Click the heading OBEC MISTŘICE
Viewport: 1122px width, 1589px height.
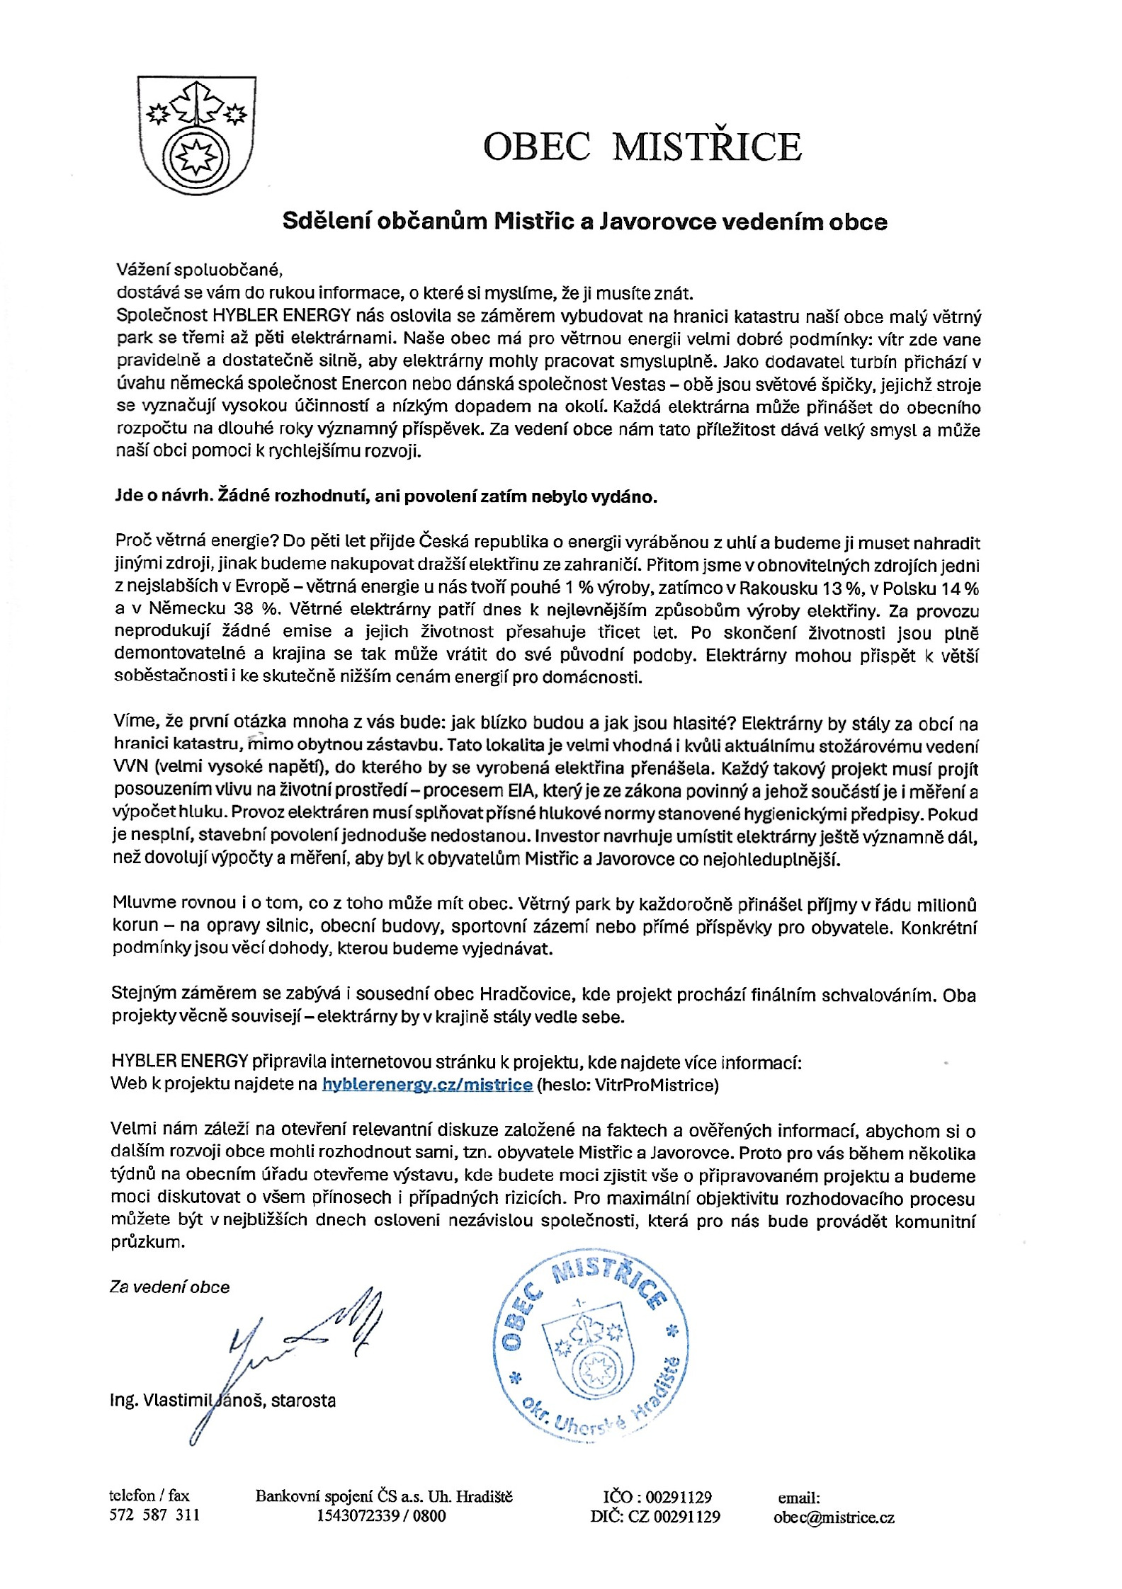[x=642, y=147]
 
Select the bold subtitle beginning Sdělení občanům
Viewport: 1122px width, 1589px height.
[x=584, y=222]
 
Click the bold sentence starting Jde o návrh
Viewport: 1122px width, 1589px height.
[x=386, y=496]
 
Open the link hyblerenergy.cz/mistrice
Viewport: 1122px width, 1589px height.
[x=427, y=1085]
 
